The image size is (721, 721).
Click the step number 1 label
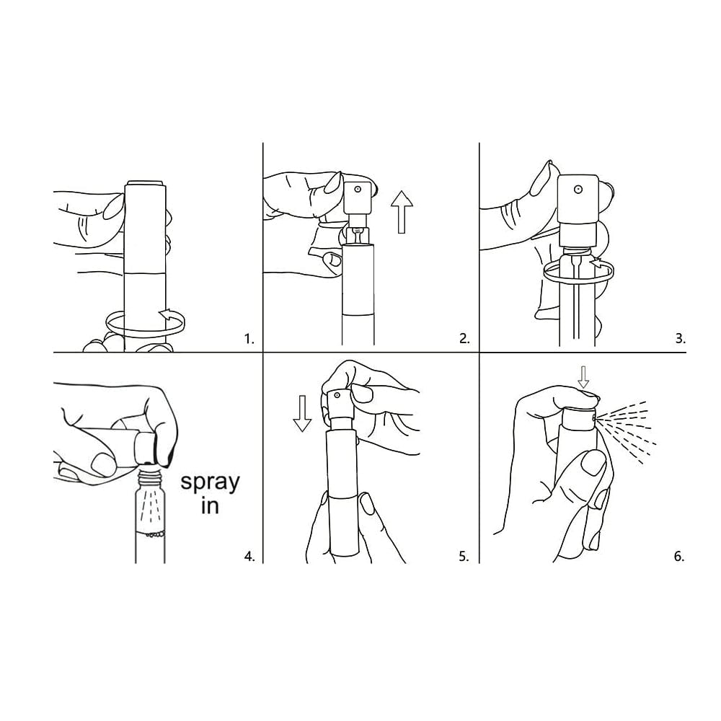point(249,340)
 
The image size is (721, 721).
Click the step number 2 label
point(464,340)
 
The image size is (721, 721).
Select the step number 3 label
point(681,340)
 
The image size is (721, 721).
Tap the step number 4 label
point(249,557)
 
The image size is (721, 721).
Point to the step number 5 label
point(464,557)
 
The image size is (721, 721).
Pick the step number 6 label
point(679,557)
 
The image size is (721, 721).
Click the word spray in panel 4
point(210,483)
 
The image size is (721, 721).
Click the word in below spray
point(209,506)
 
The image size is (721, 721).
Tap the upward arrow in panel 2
point(402,212)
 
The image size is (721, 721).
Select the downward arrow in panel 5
point(302,413)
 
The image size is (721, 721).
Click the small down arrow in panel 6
point(583,378)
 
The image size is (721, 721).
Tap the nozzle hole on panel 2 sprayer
point(357,188)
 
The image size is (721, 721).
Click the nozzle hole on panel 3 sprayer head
point(578,189)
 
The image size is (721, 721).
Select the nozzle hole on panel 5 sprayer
point(337,395)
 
